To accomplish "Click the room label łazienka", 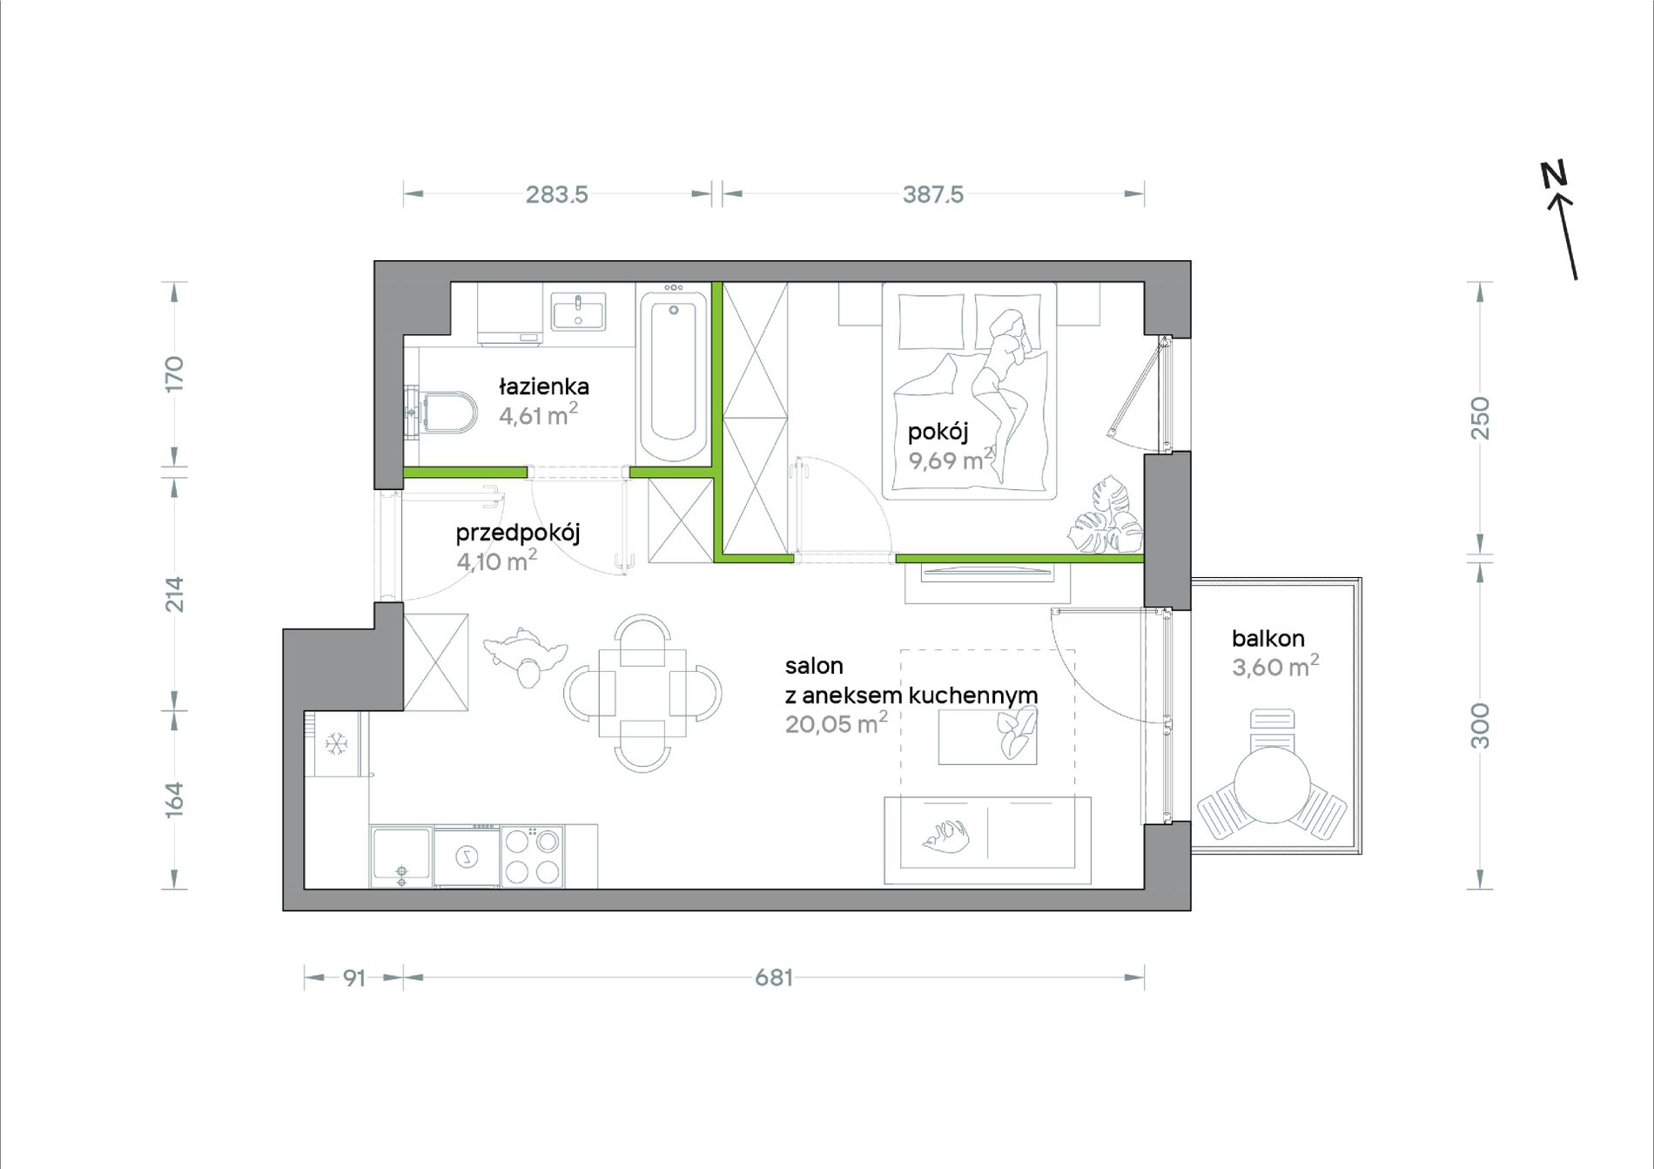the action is [x=544, y=386].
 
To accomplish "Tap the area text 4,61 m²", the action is [x=538, y=414].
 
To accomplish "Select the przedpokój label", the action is [x=518, y=533].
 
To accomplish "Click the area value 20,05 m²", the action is [x=836, y=722].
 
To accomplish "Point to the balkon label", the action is [x=1267, y=638].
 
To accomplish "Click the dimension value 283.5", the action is [x=557, y=194].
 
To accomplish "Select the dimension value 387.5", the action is [x=933, y=194].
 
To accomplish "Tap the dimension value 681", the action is [x=774, y=978].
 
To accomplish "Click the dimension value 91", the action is [x=353, y=978].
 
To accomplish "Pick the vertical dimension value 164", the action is [x=175, y=799].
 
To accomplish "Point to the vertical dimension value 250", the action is [x=1480, y=418].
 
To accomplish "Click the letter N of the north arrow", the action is [x=1553, y=174].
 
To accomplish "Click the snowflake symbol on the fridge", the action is [x=337, y=743].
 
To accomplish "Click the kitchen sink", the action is [x=401, y=856].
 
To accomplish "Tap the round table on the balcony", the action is [x=1272, y=785].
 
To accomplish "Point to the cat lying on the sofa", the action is [x=946, y=836].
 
